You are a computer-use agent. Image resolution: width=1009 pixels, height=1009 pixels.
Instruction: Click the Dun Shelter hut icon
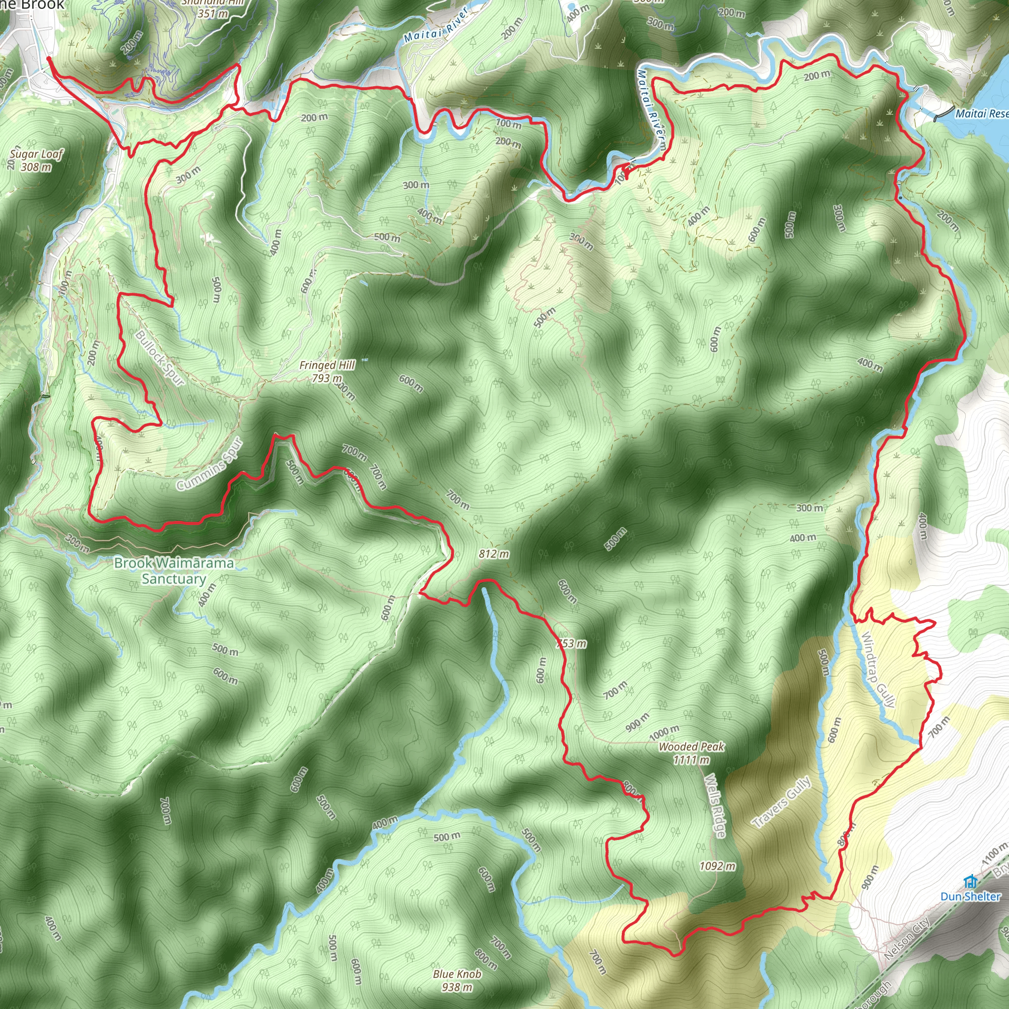[971, 881]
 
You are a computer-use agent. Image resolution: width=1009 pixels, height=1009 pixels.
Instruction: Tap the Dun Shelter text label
[971, 896]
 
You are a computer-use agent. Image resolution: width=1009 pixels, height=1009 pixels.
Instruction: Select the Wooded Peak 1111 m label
[691, 753]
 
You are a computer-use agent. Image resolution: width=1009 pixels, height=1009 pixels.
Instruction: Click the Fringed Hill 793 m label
[328, 371]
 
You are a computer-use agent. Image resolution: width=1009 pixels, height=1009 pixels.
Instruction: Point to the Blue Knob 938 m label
[457, 980]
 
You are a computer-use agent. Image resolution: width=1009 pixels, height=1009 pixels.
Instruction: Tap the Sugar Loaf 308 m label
[36, 160]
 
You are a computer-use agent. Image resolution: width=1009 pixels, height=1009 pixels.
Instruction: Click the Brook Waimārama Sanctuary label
[174, 571]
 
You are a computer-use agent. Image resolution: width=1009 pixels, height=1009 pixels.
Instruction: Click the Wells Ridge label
[715, 806]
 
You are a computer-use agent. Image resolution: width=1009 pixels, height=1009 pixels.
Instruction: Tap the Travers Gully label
[781, 802]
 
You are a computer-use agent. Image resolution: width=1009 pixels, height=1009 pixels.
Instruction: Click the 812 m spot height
[494, 554]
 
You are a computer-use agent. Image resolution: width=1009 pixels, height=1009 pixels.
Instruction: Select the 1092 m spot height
[717, 867]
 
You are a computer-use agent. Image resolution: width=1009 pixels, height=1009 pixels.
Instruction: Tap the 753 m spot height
[572, 643]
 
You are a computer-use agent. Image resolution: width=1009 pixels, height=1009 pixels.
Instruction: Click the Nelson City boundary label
[907, 939]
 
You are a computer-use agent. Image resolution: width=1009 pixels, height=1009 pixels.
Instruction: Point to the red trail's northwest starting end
[48, 59]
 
